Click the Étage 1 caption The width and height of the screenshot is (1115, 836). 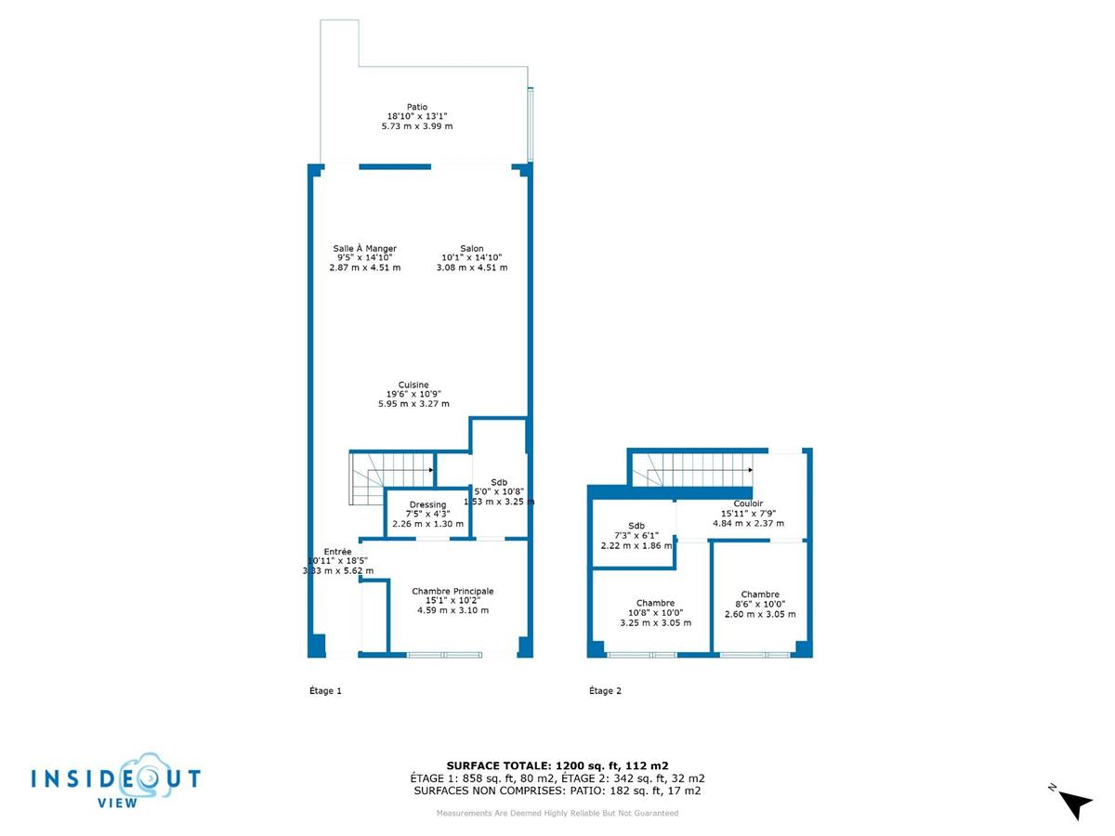[325, 690]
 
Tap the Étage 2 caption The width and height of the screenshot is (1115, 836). [606, 690]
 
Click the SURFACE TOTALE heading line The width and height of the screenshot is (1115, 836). [557, 765]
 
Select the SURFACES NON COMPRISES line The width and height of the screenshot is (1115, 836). [557, 791]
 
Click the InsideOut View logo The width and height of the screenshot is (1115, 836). [115, 780]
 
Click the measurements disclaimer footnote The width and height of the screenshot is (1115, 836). [557, 814]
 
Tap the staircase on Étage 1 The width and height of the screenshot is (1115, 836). [390, 472]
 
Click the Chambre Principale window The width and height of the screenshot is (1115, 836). [445, 655]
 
